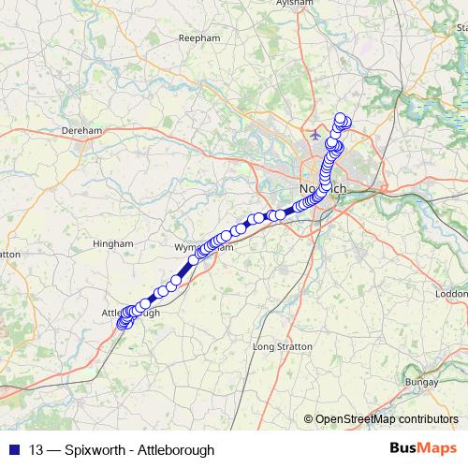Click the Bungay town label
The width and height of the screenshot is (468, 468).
[421, 382]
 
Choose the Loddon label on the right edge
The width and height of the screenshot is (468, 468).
[452, 294]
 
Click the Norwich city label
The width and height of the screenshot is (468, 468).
[320, 188]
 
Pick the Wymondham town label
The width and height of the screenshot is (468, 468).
[199, 247]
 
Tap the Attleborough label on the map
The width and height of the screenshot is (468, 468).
[130, 313]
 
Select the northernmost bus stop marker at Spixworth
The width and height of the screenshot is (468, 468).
[341, 119]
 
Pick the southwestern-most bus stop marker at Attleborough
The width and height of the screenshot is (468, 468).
[122, 326]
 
